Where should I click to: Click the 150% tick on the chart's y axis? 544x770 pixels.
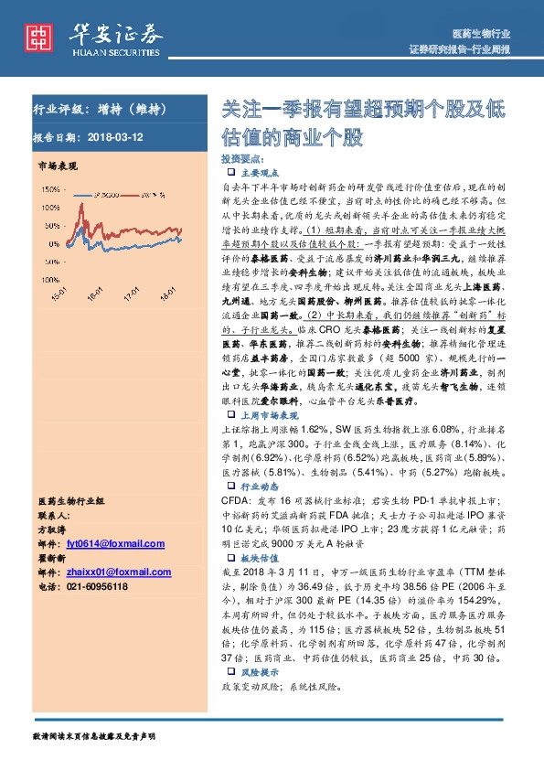(49, 191)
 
